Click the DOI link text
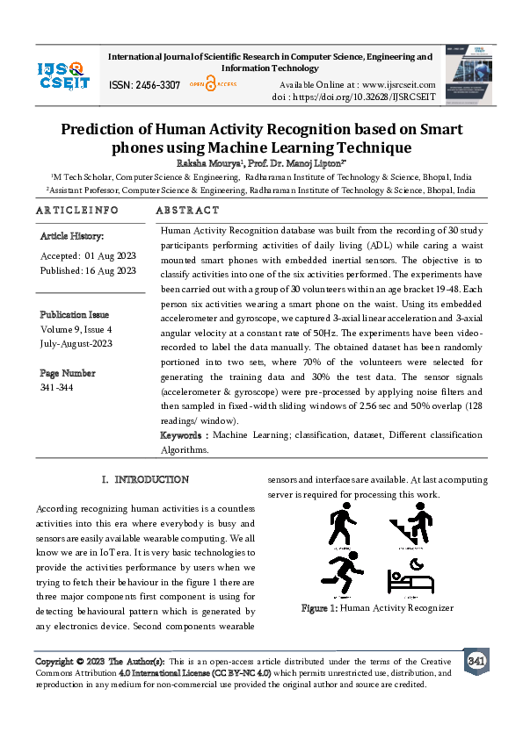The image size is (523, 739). click(367, 96)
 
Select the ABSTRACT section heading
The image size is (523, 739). click(187, 211)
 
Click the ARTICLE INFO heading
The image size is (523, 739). click(77, 211)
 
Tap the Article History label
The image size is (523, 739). click(72, 237)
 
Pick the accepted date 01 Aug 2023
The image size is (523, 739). click(104, 255)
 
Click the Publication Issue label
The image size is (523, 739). click(75, 314)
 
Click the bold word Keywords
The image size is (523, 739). click(183, 435)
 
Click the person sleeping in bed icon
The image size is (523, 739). click(410, 577)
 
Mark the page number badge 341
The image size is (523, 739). click(476, 660)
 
